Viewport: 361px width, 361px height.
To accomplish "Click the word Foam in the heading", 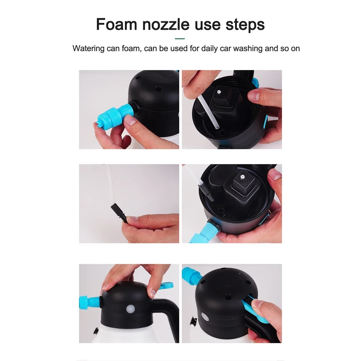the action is tap(117, 25).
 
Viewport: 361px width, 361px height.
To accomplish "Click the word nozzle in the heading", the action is tap(166, 25).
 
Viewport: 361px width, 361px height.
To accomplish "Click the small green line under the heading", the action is tap(180, 39).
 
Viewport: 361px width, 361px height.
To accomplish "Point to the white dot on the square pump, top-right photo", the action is tap(219, 92).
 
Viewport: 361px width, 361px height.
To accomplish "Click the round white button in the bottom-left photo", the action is tap(130, 309).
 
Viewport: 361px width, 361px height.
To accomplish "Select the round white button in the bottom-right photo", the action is tap(205, 317).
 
